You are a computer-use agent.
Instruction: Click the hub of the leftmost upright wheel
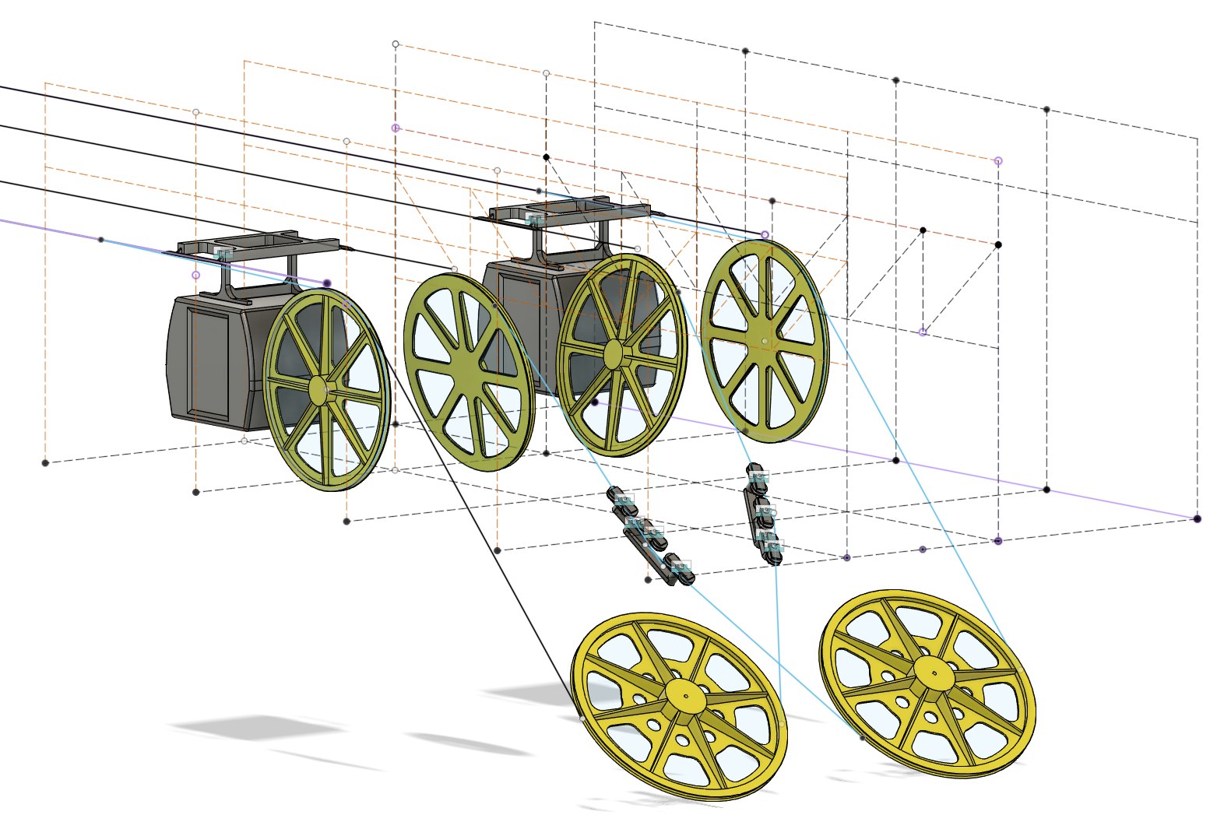319,389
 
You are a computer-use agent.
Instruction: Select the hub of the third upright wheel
614,352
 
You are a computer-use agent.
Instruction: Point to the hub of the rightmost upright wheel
763,341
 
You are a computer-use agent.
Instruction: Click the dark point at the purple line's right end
1197,518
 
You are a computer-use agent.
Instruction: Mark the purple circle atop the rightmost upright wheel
765,234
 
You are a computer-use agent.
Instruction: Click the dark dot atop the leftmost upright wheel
326,283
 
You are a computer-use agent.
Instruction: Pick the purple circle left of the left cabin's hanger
195,275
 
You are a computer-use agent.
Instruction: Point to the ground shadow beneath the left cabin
257,728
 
